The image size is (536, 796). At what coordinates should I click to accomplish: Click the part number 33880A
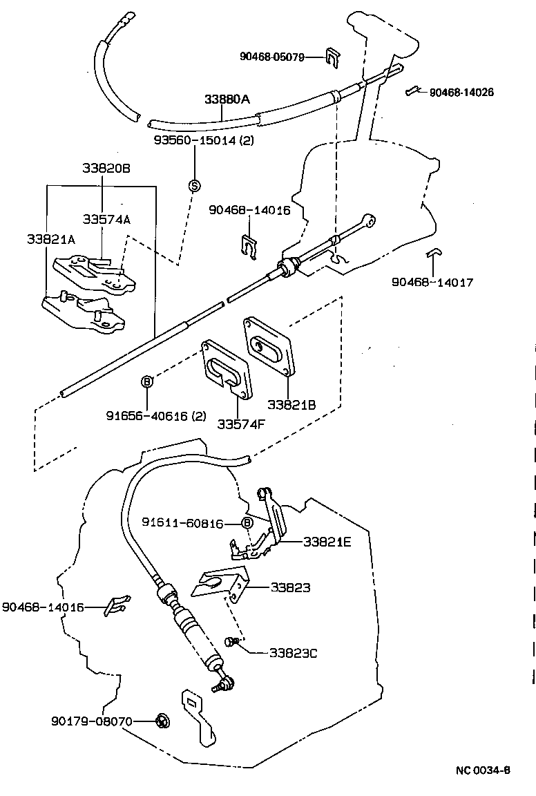pos(227,99)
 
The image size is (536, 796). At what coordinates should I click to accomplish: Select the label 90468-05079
pos(272,57)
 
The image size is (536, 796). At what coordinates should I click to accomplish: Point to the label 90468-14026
pos(461,92)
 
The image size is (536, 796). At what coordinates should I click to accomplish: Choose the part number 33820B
pos(102,168)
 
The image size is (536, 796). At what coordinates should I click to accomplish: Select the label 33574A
pos(106,219)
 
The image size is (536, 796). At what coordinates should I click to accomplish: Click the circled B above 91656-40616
pos(146,381)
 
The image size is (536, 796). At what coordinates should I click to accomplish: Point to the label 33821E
pos(327,542)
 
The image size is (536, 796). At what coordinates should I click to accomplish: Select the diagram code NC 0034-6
pos(482,770)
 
